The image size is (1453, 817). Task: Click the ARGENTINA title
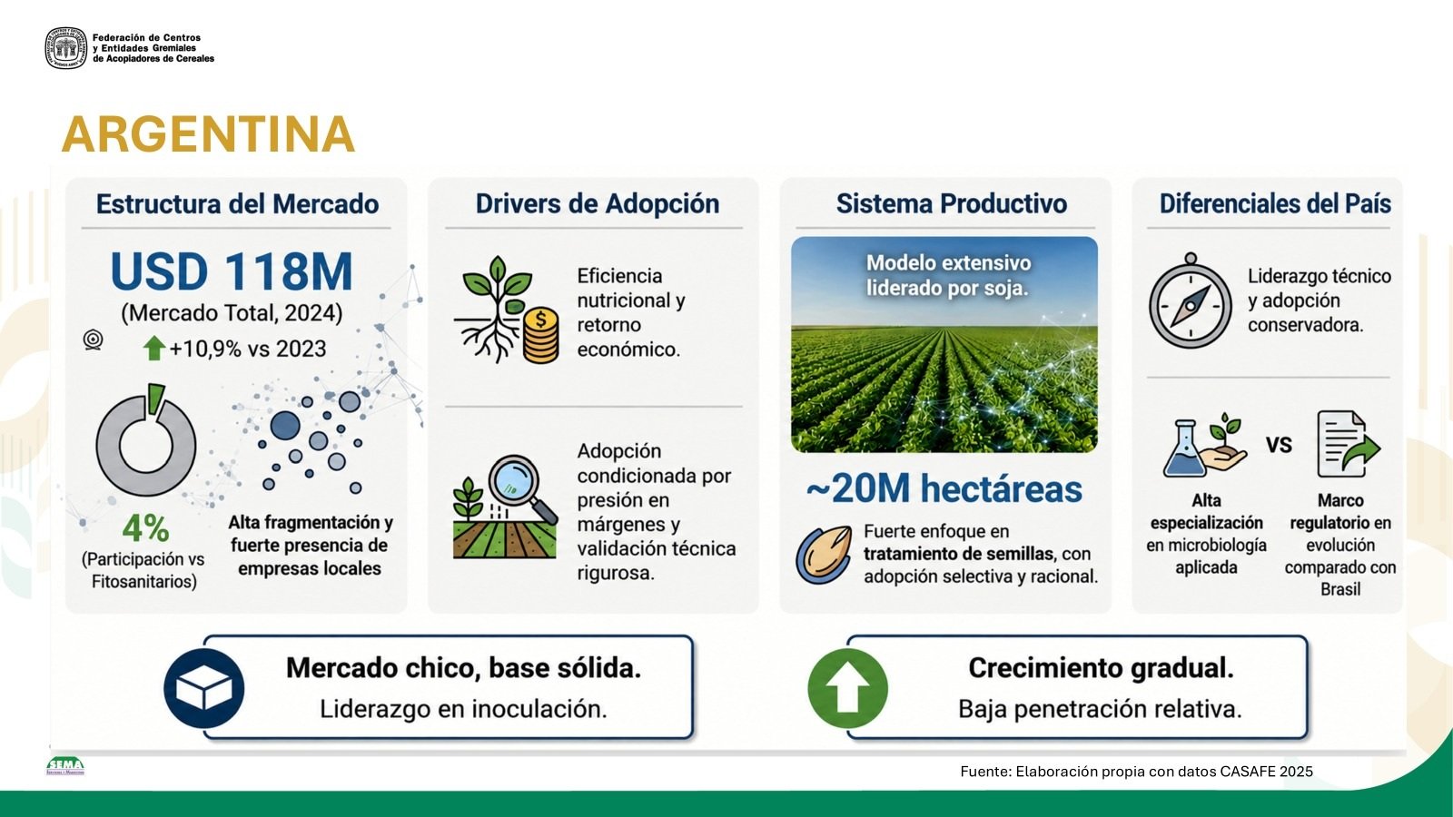208,134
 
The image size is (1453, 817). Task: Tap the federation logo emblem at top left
65,48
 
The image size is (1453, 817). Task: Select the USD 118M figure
232,271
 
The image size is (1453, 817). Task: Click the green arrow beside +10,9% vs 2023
153,349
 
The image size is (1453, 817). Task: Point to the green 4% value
145,527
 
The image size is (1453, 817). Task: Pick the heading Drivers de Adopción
598,203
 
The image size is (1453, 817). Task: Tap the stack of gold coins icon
540,335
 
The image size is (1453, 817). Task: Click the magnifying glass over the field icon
522,488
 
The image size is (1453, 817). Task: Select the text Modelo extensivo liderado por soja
948,275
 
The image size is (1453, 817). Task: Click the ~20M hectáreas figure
944,488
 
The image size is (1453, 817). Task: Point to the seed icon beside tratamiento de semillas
824,555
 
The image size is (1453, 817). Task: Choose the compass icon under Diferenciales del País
1191,301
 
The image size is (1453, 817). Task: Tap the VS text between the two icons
1279,445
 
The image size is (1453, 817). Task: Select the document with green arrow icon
1348,444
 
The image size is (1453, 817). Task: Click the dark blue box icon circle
203,688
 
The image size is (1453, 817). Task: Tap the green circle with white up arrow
847,688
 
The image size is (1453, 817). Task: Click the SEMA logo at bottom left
64,766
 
